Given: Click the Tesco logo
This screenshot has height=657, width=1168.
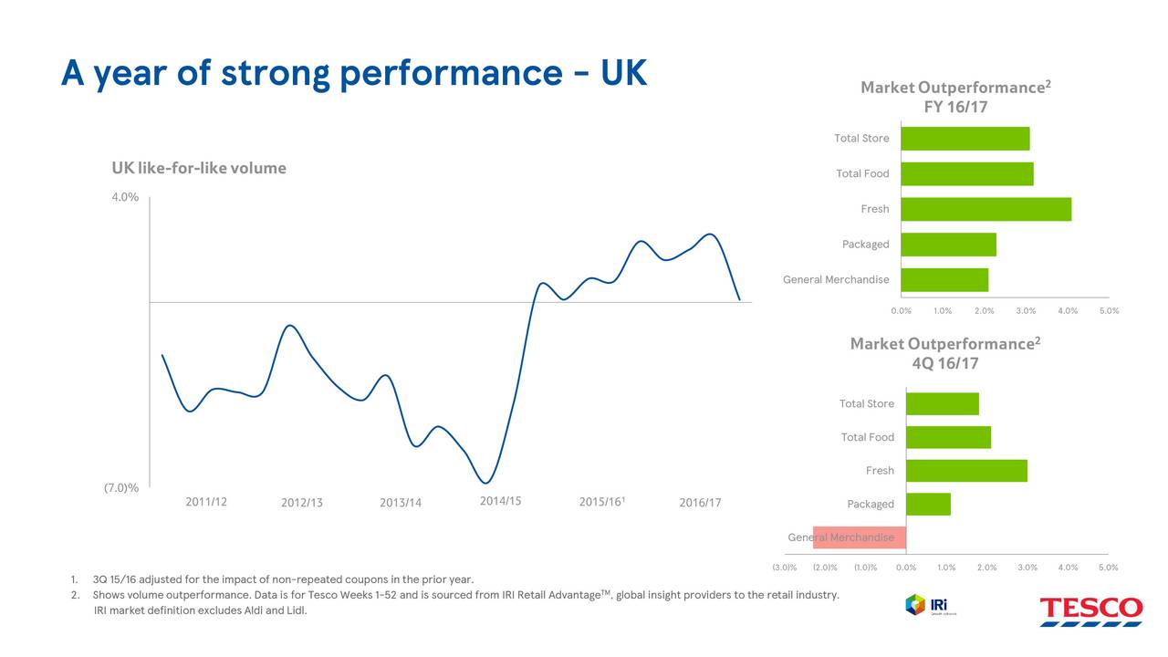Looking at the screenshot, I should (x=1090, y=610).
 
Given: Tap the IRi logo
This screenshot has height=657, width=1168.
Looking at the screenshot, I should (x=925, y=604).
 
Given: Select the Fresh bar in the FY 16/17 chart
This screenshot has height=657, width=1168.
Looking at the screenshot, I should (x=985, y=209).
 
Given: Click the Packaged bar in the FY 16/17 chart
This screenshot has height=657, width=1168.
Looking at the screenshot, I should (x=948, y=245).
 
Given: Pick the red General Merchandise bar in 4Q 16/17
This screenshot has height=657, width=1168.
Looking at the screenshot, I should (x=859, y=537).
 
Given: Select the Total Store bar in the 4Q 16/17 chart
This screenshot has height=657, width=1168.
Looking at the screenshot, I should (x=942, y=403).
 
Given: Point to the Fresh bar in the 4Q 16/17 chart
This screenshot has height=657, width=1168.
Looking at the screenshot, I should (x=966, y=471).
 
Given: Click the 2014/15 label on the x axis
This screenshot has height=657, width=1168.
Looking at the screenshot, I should (x=500, y=501).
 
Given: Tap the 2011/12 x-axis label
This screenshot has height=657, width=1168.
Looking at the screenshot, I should (x=206, y=502).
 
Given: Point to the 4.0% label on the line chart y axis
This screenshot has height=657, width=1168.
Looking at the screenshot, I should (x=125, y=197).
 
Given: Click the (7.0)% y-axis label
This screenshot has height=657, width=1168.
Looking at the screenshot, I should (x=121, y=488).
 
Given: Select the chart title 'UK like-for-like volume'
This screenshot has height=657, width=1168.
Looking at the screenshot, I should (x=199, y=168).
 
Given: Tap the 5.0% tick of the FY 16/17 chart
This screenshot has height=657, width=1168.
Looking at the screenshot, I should (x=1109, y=311).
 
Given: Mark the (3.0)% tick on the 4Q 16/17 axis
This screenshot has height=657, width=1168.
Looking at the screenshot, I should (x=784, y=568).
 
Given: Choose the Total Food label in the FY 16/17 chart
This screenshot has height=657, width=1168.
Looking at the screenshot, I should (x=862, y=173).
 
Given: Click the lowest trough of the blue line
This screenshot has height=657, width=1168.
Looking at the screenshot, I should (x=486, y=483).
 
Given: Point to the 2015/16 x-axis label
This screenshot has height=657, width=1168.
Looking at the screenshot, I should (x=601, y=502).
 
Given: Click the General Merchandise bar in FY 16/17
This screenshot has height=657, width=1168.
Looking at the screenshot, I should (x=944, y=280).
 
